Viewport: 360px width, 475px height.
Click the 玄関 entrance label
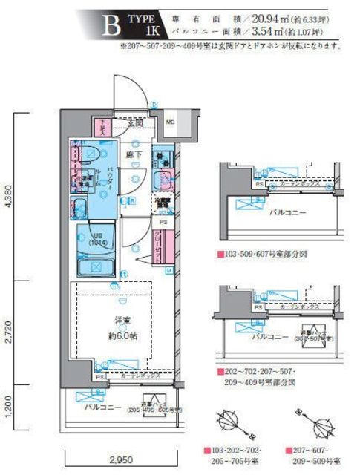coord(134,123)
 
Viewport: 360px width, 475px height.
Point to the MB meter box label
coord(170,122)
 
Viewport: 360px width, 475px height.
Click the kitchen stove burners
coord(163,157)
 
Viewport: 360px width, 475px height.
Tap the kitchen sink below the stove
coord(163,180)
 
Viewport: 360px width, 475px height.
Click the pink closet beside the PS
coord(160,246)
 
